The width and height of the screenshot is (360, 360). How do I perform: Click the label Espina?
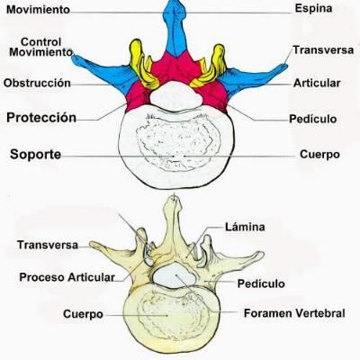(313, 8)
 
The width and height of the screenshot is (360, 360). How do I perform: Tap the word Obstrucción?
(37, 83)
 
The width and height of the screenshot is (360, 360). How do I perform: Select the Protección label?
(41, 118)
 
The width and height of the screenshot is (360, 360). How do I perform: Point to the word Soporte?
(36, 155)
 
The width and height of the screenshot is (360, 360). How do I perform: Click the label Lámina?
(245, 227)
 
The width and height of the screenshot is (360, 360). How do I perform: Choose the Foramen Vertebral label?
(294, 313)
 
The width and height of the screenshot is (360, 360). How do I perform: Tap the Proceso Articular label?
(67, 277)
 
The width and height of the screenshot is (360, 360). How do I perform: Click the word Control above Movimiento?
(41, 41)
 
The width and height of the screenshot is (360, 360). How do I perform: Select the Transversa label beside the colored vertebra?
(323, 49)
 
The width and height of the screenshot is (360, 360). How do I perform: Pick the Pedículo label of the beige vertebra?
(261, 283)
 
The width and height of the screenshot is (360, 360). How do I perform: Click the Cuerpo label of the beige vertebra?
(83, 314)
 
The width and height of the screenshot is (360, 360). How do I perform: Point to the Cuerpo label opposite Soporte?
(319, 155)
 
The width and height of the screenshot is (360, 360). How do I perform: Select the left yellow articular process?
(143, 66)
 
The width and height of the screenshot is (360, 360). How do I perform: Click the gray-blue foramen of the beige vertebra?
(174, 276)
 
